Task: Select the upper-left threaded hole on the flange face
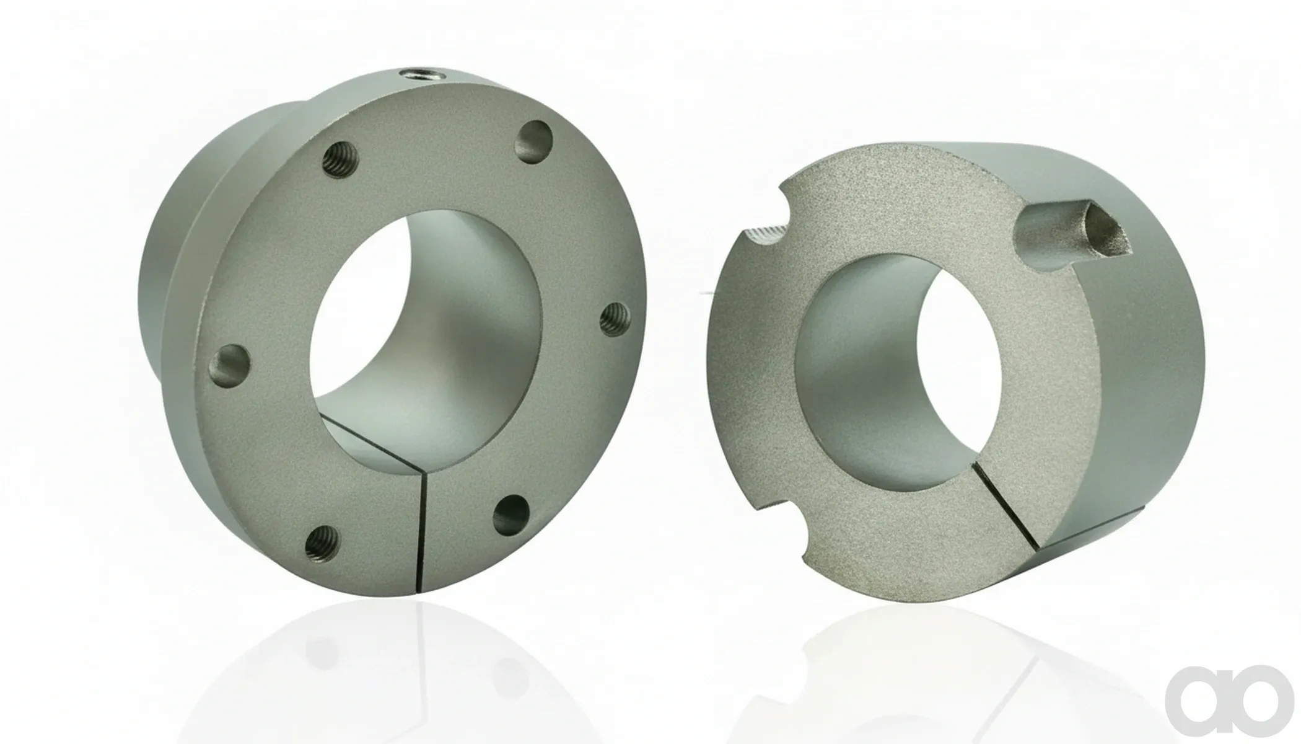coord(341,160)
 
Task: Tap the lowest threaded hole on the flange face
coord(323,543)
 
